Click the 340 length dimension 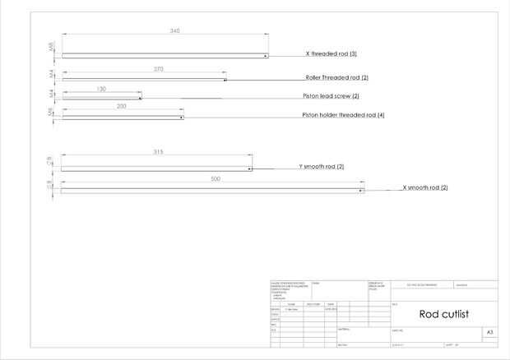174,31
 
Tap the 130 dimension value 101,88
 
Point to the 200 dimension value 122,107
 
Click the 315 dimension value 159,152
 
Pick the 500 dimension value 216,178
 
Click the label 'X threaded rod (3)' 331,53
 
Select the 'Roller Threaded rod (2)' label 336,77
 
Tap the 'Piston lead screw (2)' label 330,96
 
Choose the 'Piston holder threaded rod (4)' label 343,115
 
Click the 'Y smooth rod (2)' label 321,166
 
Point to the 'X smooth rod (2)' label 424,188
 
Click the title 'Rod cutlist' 444,313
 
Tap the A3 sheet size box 489,332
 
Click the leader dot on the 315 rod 250,168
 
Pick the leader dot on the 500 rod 362,191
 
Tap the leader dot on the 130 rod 139,99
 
